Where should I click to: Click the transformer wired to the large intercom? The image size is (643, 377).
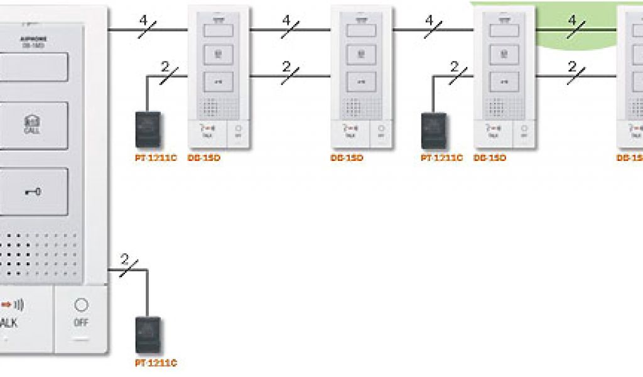(148, 335)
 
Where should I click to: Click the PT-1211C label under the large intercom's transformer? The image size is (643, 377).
(156, 363)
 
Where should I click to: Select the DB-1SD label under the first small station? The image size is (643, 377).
(203, 158)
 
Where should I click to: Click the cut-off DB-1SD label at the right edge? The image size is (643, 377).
(629, 158)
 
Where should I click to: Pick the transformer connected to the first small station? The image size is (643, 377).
(148, 129)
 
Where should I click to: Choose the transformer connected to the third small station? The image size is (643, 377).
(433, 130)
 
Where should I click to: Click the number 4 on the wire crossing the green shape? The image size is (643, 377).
(572, 20)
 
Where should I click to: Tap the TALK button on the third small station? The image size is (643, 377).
(493, 130)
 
